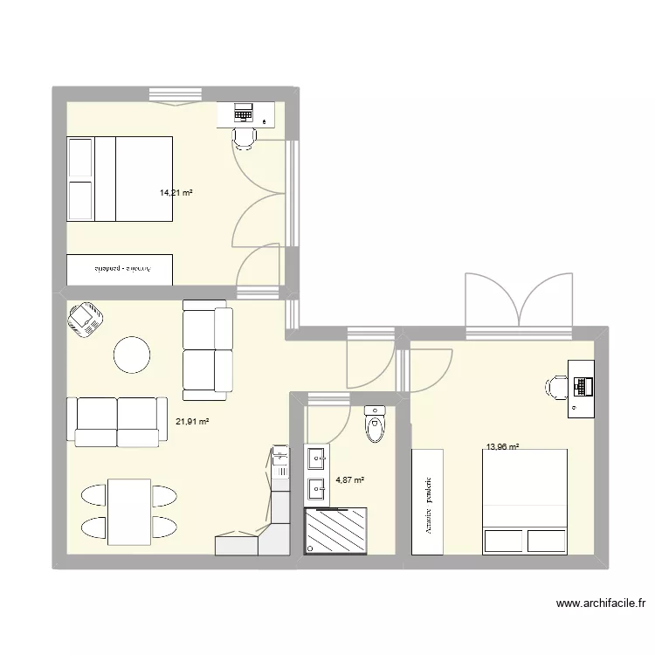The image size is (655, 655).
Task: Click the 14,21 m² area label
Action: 176,194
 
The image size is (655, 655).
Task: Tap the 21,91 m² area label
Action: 192,422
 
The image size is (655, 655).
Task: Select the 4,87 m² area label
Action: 349,479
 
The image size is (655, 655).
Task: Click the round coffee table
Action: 132,354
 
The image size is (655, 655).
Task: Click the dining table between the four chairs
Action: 129,511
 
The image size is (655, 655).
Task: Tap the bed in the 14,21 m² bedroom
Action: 119,180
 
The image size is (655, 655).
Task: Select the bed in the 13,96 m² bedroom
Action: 525,501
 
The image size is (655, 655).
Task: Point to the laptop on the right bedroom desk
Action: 581,384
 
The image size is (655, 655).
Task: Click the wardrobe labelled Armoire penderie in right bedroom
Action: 428,501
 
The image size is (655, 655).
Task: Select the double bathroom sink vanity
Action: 316,475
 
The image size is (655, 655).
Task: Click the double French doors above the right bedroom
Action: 519,301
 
